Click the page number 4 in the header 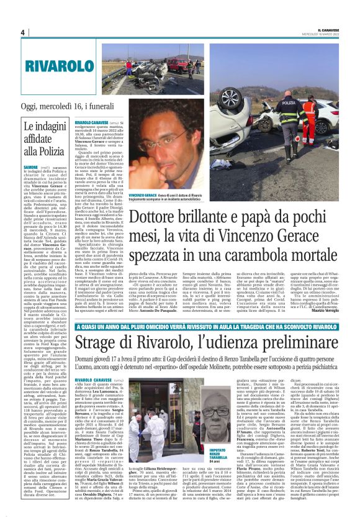tap(22, 32)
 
